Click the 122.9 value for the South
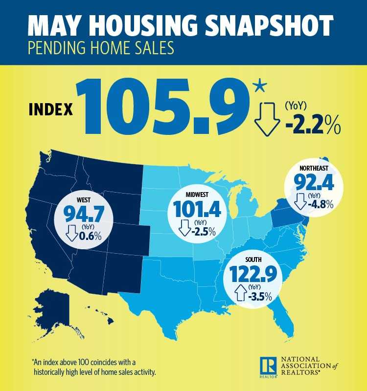(x=255, y=275)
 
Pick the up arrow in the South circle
(x=241, y=295)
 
